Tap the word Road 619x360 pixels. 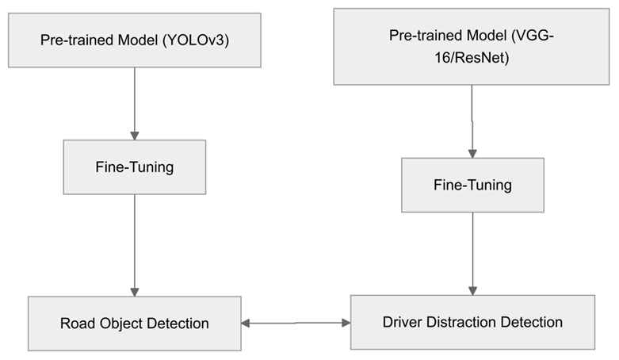point(77,324)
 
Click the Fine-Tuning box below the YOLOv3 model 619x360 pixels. point(134,167)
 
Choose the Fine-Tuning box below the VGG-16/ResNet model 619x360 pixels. point(472,185)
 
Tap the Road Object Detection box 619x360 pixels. point(134,324)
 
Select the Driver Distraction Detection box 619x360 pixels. point(472,322)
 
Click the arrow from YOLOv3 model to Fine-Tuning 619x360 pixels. point(134,103)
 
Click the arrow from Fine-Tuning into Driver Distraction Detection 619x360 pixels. point(472,254)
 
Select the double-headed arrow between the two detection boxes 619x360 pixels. point(296,323)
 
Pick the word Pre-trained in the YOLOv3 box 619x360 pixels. point(73,40)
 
